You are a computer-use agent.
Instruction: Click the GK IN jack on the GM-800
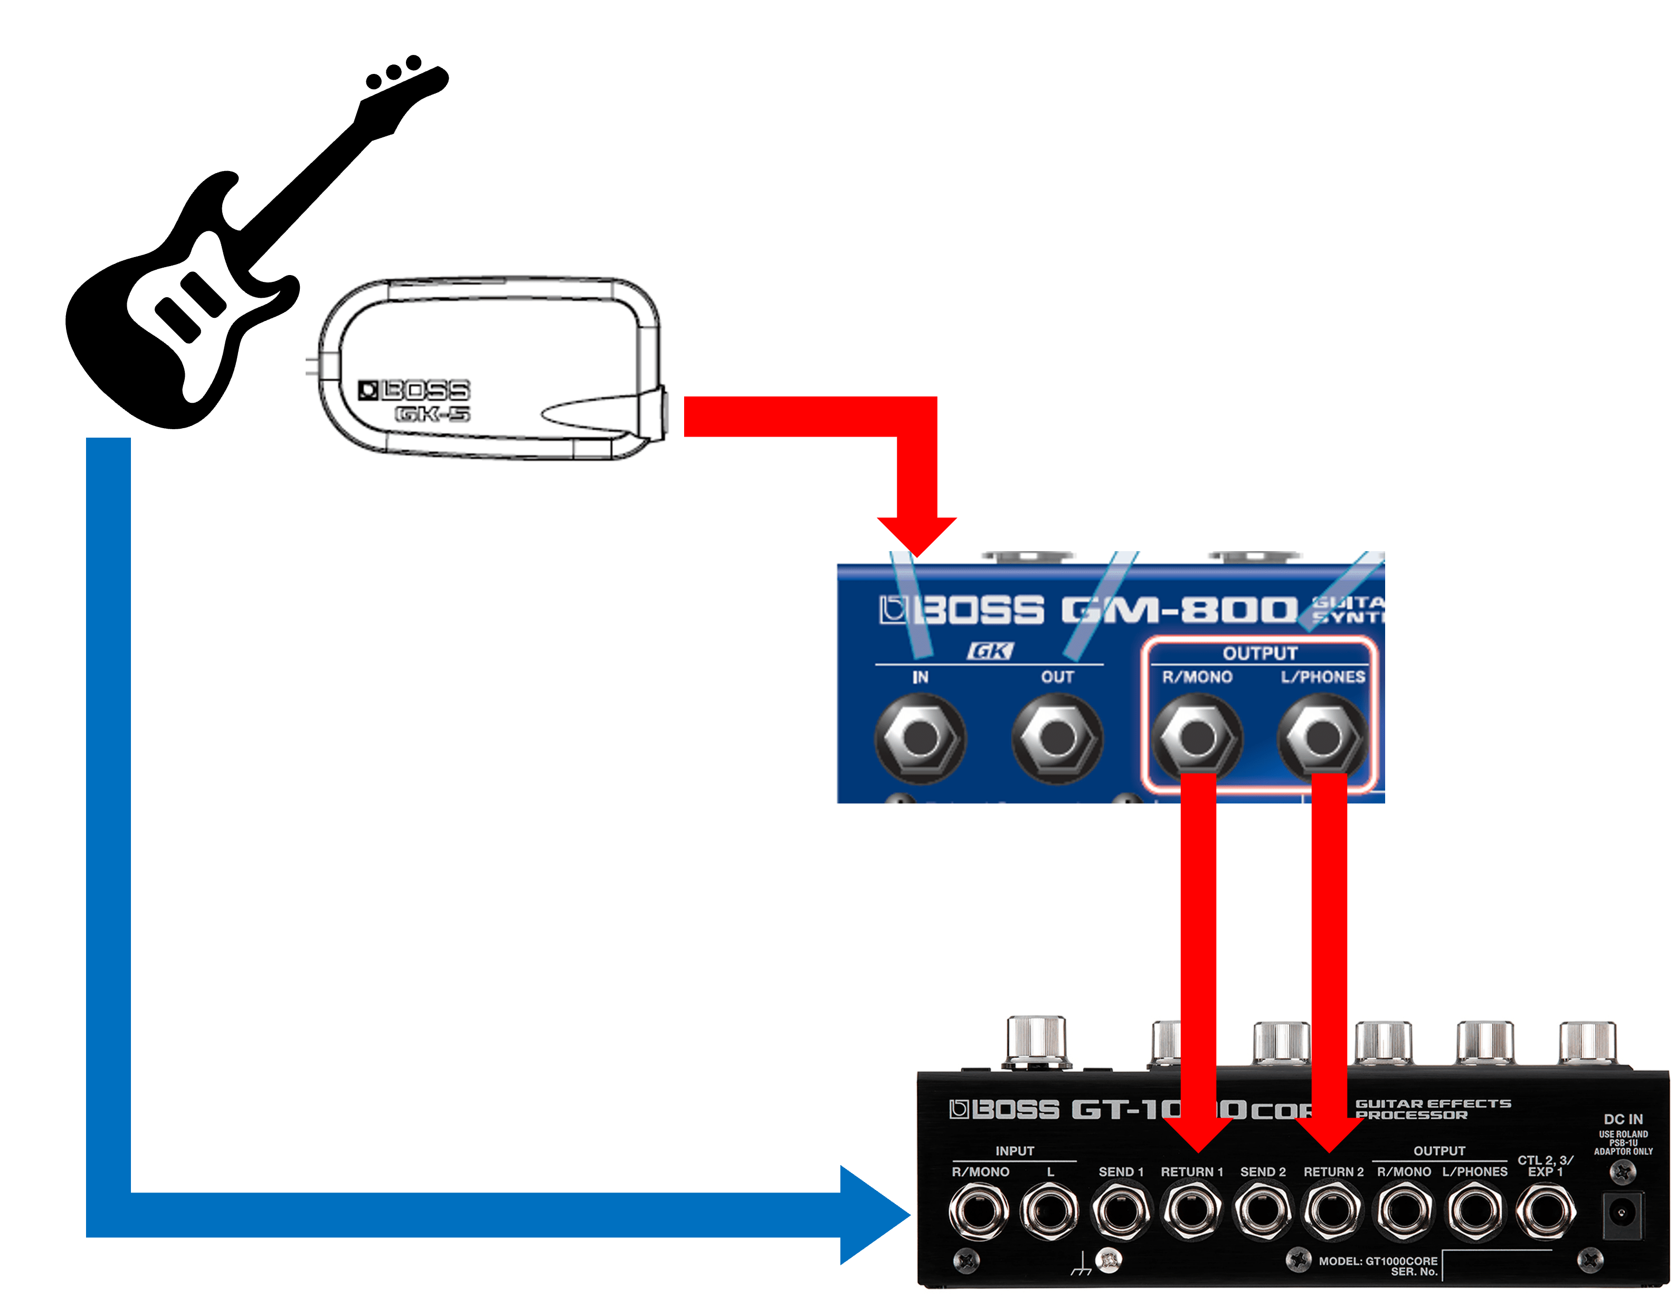coord(920,737)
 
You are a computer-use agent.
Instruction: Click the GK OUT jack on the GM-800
coord(1057,737)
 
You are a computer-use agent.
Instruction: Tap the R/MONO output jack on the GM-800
coord(1196,737)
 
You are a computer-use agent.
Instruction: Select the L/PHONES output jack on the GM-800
coord(1322,737)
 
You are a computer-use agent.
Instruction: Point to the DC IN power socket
coord(1622,1214)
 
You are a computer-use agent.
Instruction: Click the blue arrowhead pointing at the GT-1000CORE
coord(875,1214)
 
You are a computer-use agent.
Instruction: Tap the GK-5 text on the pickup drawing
coord(432,414)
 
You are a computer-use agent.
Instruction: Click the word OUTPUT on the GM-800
coord(1260,653)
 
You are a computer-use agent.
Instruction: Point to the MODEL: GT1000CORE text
coord(1377,1261)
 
